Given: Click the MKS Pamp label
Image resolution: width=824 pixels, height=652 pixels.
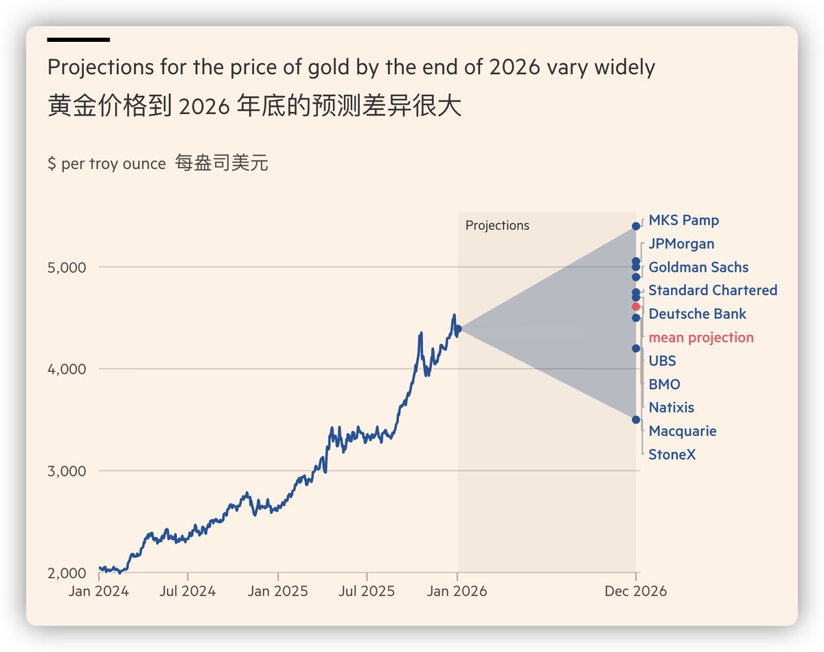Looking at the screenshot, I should [x=683, y=221].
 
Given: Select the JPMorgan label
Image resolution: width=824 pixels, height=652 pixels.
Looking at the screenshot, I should [x=681, y=244].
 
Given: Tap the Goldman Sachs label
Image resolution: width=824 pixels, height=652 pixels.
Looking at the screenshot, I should [x=698, y=268].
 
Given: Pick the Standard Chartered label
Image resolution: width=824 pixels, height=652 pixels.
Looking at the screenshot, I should [x=713, y=291].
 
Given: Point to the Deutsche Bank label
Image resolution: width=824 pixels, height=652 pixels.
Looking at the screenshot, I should [x=697, y=314].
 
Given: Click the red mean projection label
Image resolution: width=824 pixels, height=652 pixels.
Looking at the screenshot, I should [x=701, y=338].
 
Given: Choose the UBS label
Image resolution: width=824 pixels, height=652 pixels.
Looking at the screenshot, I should [x=662, y=361].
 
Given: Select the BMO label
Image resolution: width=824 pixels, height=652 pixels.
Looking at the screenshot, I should [x=664, y=384].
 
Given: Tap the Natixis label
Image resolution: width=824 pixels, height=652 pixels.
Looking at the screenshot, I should [x=671, y=408].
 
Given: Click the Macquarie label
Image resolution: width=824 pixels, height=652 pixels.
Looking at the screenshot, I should [x=682, y=431].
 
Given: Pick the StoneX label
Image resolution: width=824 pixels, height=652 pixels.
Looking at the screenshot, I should [x=672, y=454].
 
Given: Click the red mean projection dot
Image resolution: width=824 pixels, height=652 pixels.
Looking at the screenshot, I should [x=636, y=307].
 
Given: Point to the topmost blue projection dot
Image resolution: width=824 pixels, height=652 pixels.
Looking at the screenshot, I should [x=636, y=226].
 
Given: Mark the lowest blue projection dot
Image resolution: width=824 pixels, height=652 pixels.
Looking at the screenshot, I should [x=636, y=419].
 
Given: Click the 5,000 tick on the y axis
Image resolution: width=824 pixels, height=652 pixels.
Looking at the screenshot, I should [x=67, y=267].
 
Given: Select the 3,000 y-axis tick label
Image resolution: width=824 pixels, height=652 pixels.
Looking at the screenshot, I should [x=67, y=471].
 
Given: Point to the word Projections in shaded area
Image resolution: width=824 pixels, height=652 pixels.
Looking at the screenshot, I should [x=497, y=226].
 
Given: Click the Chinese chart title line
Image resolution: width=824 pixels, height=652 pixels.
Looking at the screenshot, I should [x=254, y=107].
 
